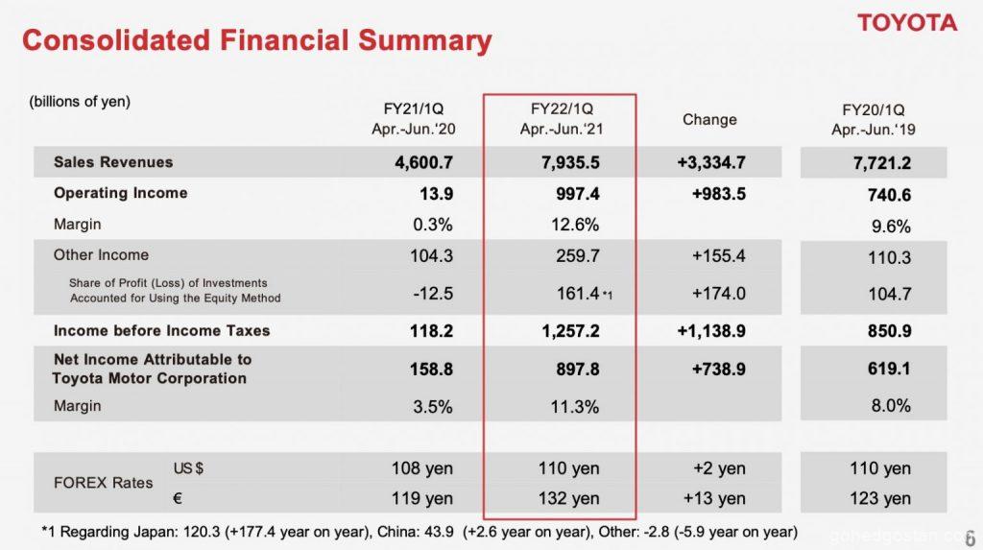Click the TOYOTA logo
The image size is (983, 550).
tap(906, 23)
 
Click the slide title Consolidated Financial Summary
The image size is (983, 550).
tap(256, 40)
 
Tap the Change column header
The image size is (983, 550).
tap(709, 120)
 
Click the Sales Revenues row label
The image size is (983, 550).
tap(113, 162)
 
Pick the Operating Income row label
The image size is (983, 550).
tap(120, 193)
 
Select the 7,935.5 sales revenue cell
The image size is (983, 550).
tap(570, 163)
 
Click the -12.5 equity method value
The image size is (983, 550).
tap(432, 294)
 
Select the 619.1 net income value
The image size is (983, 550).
tap(889, 369)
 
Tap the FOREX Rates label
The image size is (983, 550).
tap(103, 483)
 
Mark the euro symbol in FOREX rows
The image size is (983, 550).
tap(178, 498)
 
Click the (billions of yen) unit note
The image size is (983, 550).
tap(80, 102)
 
